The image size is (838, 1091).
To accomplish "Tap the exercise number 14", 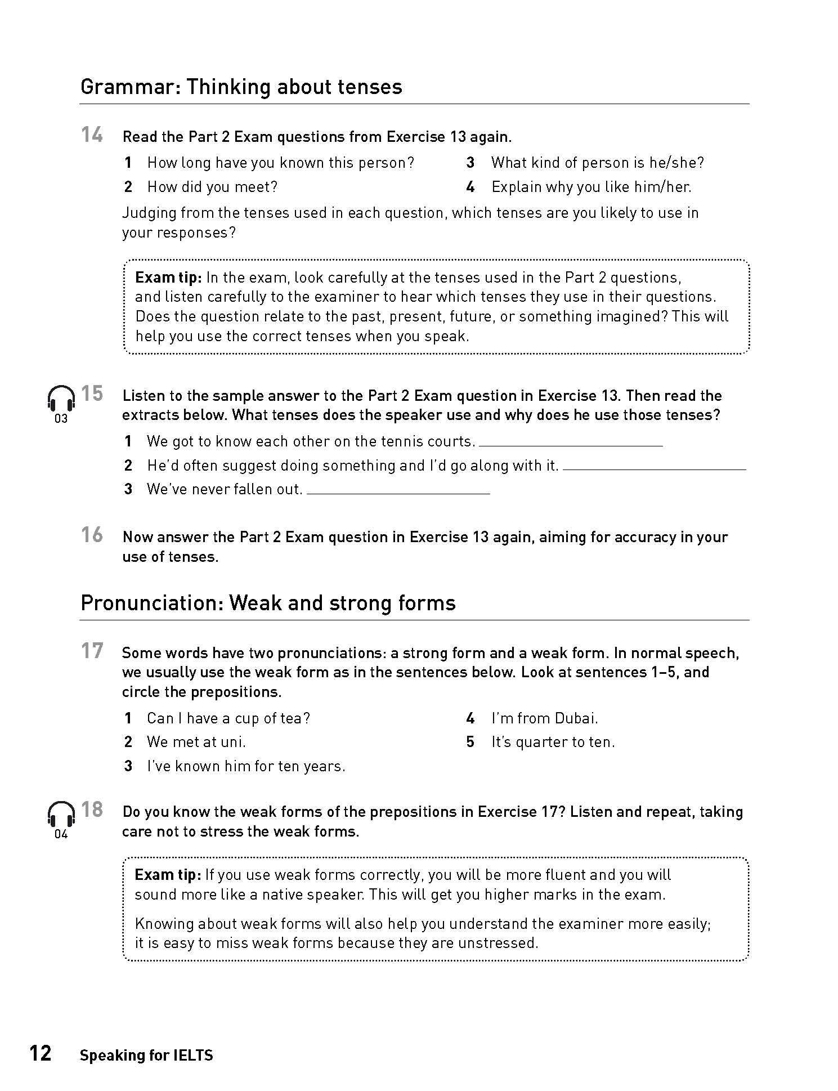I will pos(92,135).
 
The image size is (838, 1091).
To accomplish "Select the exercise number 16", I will pos(92,535).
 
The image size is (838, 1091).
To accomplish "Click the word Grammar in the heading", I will pos(129,87).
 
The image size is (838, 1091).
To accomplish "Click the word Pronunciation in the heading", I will pos(151,603).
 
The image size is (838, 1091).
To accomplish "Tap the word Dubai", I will pos(575,718).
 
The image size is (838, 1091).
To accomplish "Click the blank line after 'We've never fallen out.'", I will pos(398,493).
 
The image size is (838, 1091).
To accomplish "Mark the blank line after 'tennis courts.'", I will pos(571,445).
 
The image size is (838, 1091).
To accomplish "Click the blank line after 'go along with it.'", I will pos(654,469).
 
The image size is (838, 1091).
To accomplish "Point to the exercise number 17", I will pos(92,651).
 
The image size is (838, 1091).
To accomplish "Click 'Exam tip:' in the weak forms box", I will pos(168,875).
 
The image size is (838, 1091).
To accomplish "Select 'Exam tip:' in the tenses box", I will pos(168,278).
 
